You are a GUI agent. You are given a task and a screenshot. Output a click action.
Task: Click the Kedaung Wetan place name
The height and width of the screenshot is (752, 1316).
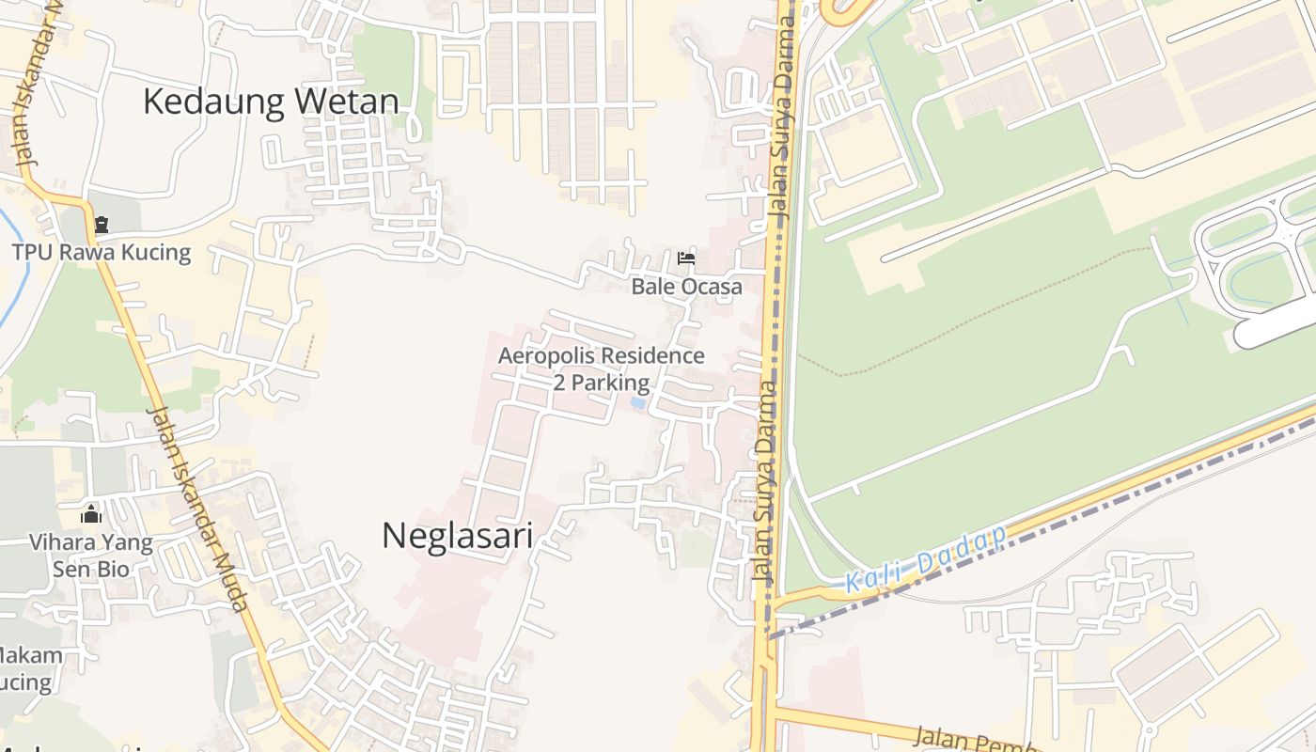click(x=271, y=102)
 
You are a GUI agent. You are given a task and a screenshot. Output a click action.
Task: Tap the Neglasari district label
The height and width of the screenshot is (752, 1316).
click(x=457, y=536)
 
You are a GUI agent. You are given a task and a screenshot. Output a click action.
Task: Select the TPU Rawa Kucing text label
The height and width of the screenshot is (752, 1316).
click(x=102, y=252)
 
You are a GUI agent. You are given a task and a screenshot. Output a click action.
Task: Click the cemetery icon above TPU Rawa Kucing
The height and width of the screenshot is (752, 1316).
click(x=101, y=225)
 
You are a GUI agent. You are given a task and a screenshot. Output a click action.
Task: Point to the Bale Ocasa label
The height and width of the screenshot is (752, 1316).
click(x=686, y=287)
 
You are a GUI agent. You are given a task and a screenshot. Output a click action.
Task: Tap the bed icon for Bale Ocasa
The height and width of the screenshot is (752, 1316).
click(x=686, y=258)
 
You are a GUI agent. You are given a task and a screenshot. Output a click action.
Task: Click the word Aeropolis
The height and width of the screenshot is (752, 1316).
click(x=544, y=356)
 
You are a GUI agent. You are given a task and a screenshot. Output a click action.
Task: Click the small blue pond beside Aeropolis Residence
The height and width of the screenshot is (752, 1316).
click(x=638, y=403)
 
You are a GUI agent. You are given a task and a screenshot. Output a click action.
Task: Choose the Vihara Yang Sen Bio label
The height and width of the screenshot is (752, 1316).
click(x=90, y=556)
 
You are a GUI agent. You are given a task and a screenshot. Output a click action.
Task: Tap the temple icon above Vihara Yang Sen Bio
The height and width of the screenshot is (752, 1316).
click(x=91, y=514)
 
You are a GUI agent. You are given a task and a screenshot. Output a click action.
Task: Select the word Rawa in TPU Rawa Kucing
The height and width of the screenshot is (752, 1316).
click(x=82, y=252)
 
